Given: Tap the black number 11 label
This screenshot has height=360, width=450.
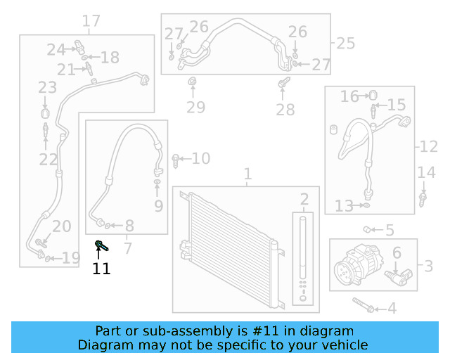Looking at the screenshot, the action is [x=101, y=268].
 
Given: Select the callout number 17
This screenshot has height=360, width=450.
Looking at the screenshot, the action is [x=91, y=21].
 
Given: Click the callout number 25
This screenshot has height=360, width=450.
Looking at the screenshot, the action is [x=345, y=44].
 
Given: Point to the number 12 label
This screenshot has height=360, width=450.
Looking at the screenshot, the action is [x=428, y=147].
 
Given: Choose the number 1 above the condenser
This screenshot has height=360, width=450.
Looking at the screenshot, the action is [x=247, y=174].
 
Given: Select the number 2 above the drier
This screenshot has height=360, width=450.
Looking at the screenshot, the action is [x=304, y=199].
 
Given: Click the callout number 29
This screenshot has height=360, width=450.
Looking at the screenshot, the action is [x=195, y=108].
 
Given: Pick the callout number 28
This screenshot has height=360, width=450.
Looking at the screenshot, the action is [x=285, y=110].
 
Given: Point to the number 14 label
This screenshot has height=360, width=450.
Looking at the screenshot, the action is [x=426, y=173].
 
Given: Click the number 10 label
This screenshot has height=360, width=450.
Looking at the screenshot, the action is [x=200, y=159].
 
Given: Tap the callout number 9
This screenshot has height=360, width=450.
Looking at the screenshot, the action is [x=158, y=206].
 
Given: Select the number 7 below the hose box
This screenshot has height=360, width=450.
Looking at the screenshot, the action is [x=127, y=247].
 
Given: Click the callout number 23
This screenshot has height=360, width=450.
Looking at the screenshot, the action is [x=47, y=88].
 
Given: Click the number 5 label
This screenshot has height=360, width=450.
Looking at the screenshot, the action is [x=390, y=231].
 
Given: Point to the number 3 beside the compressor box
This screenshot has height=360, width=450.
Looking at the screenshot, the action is [x=428, y=266].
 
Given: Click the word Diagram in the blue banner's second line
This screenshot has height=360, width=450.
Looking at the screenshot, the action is [x=104, y=345].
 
